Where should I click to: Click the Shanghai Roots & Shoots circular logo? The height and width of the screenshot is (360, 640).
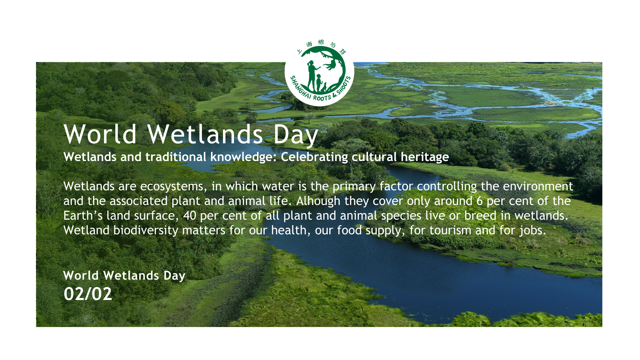[x=319, y=71]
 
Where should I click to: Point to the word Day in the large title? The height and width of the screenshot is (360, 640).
[x=296, y=135]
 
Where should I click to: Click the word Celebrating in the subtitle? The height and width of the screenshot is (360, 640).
[x=314, y=157]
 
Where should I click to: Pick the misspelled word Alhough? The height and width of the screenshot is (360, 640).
[x=318, y=201]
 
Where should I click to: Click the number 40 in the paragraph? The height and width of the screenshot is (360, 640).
[x=190, y=216]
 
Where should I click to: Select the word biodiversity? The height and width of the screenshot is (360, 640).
[x=146, y=230]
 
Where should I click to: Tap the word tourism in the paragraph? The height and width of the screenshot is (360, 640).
[x=450, y=230]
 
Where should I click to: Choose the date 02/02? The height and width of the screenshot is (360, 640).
[x=88, y=294]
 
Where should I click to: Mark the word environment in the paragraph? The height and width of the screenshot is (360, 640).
[x=538, y=186]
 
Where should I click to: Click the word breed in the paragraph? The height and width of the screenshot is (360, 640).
[x=480, y=216]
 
